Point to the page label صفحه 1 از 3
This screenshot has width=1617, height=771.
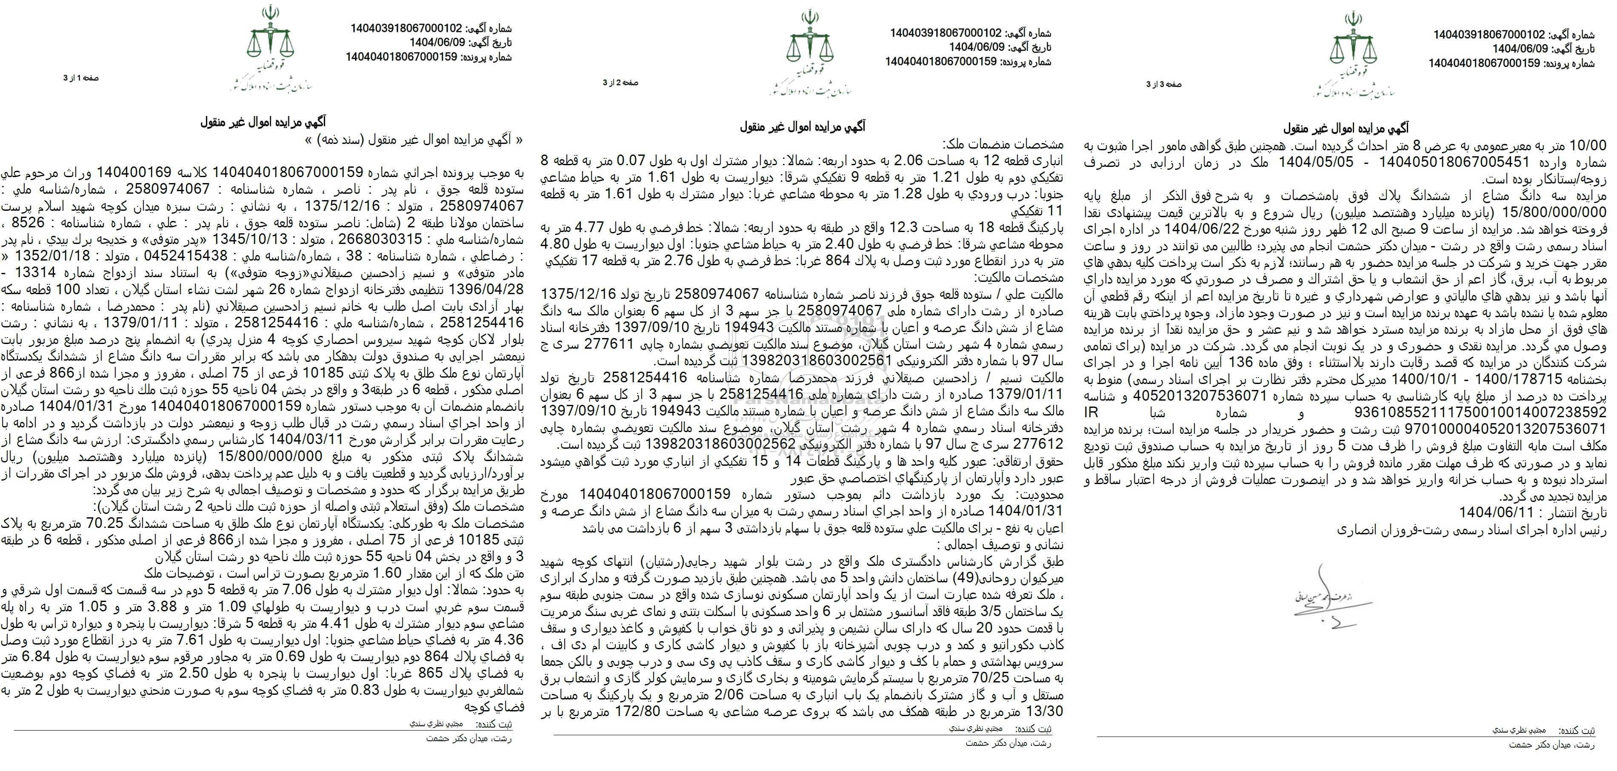click(81, 78)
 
